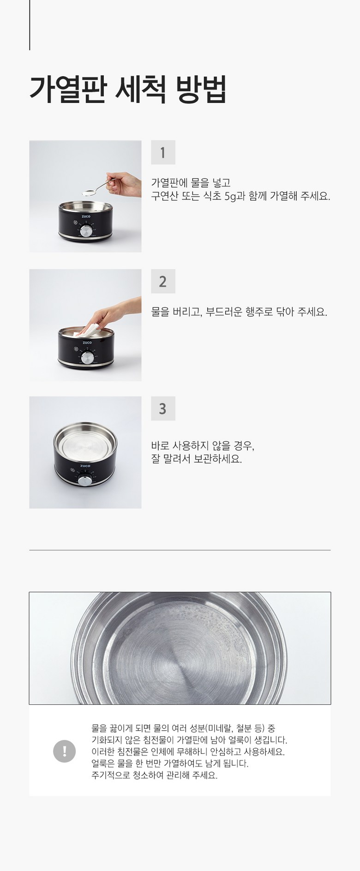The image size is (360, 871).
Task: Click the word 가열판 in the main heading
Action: tap(68, 89)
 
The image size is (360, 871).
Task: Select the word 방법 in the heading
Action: tap(201, 89)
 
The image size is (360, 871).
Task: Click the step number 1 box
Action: tap(163, 152)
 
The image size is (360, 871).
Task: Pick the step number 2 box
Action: tap(163, 281)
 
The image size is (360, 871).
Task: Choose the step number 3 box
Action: tap(163, 408)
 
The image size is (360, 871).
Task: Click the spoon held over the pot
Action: tap(97, 188)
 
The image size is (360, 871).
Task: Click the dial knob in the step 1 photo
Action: tap(86, 231)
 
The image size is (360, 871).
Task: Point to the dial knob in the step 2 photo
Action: tap(87, 358)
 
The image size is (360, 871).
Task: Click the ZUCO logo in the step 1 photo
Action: tap(86, 216)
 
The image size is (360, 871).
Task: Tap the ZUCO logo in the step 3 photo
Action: tap(85, 466)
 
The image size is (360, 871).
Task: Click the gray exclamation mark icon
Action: tap(65, 751)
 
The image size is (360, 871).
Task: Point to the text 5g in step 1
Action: tap(230, 196)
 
